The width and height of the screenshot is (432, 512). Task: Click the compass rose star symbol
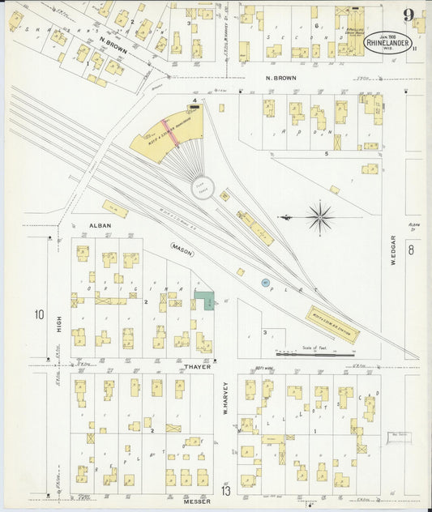click(x=320, y=216)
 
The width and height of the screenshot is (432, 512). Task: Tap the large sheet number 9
click(x=409, y=15)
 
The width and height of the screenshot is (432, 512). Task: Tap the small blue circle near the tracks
click(x=265, y=282)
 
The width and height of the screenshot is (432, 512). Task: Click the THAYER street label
click(x=196, y=367)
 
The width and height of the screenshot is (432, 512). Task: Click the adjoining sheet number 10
click(x=38, y=314)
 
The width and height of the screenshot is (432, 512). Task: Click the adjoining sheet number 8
click(x=411, y=251)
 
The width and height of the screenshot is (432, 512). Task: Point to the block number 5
click(x=326, y=152)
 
